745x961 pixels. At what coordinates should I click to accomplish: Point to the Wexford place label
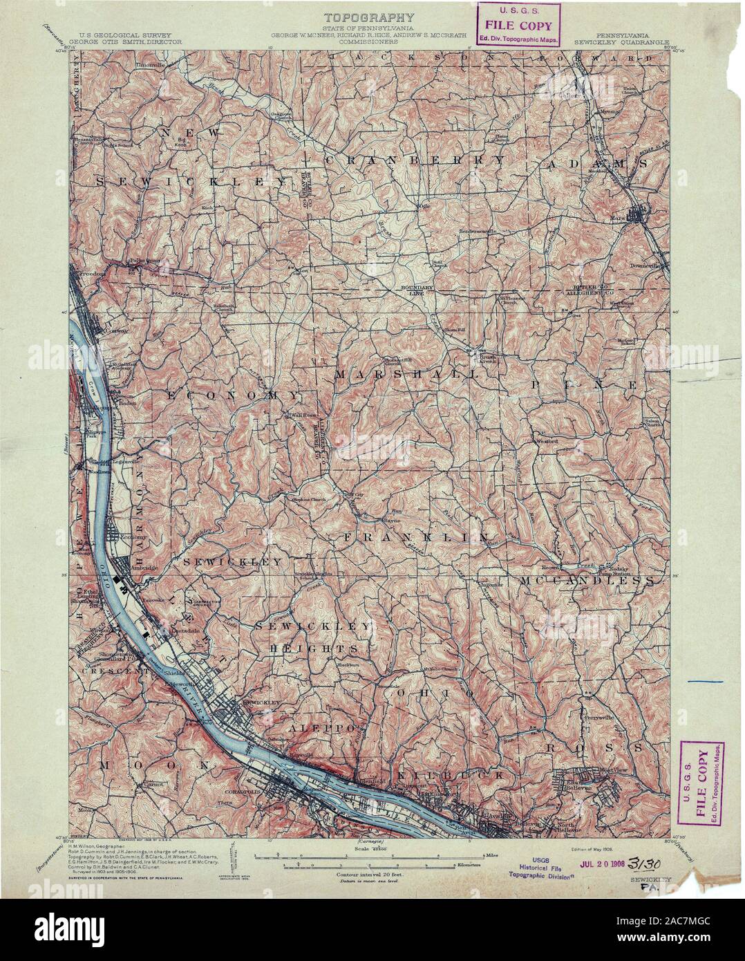click(x=546, y=438)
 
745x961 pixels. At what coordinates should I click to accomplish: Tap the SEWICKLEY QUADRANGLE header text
click(x=621, y=41)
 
